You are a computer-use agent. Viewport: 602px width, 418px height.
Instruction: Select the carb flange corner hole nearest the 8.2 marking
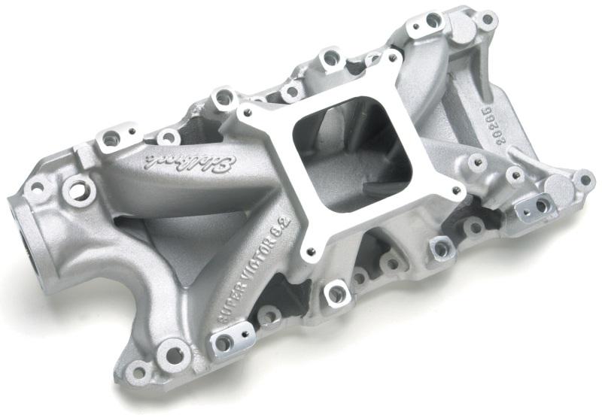coord(306,253)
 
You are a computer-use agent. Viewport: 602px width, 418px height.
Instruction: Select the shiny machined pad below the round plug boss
coord(539,206)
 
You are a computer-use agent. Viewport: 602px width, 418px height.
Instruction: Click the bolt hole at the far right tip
coord(584,179)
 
